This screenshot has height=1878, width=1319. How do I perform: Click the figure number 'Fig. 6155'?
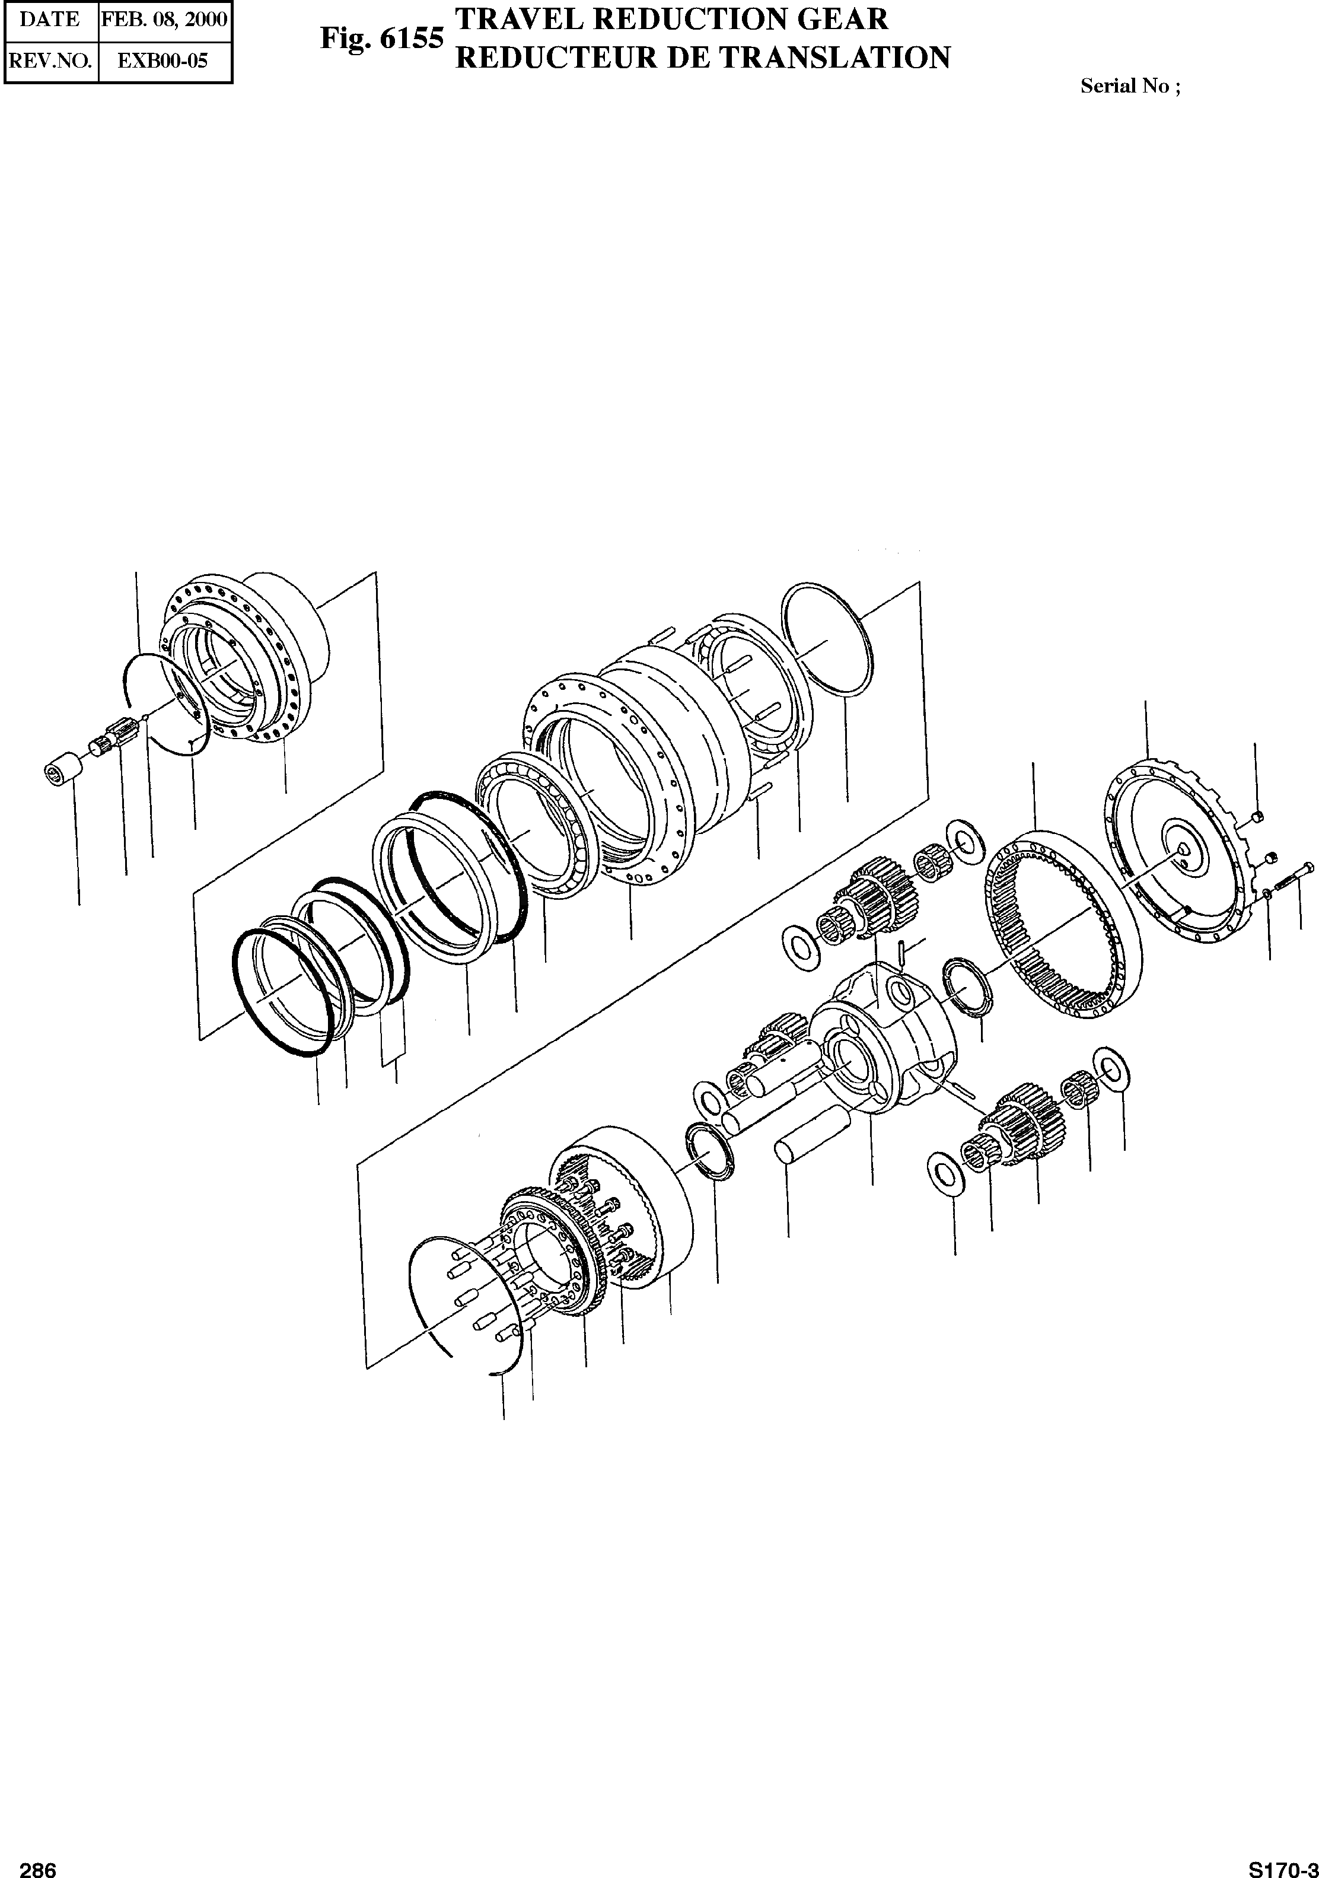(x=382, y=37)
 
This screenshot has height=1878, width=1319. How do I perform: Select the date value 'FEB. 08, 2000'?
(x=164, y=20)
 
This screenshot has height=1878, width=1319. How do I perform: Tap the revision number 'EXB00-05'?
(x=164, y=61)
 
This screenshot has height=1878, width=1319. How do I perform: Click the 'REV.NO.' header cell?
(x=50, y=61)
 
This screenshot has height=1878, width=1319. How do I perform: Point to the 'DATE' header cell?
(x=50, y=20)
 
